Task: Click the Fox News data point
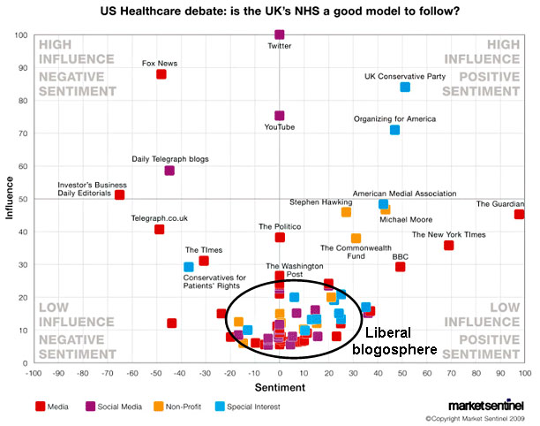click(x=161, y=74)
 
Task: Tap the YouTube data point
click(x=280, y=116)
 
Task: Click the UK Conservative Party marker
click(x=405, y=87)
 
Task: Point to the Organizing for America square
click(x=394, y=130)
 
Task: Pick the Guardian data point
click(x=519, y=214)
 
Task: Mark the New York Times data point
click(x=448, y=245)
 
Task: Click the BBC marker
click(x=400, y=266)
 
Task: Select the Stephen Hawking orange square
click(x=346, y=212)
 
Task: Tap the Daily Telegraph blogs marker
click(x=169, y=171)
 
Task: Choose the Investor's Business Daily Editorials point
click(x=120, y=194)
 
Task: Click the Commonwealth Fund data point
click(x=356, y=239)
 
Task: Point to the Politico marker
click(x=280, y=237)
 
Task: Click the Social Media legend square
click(x=101, y=407)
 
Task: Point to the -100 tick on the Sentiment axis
click(x=34, y=373)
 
